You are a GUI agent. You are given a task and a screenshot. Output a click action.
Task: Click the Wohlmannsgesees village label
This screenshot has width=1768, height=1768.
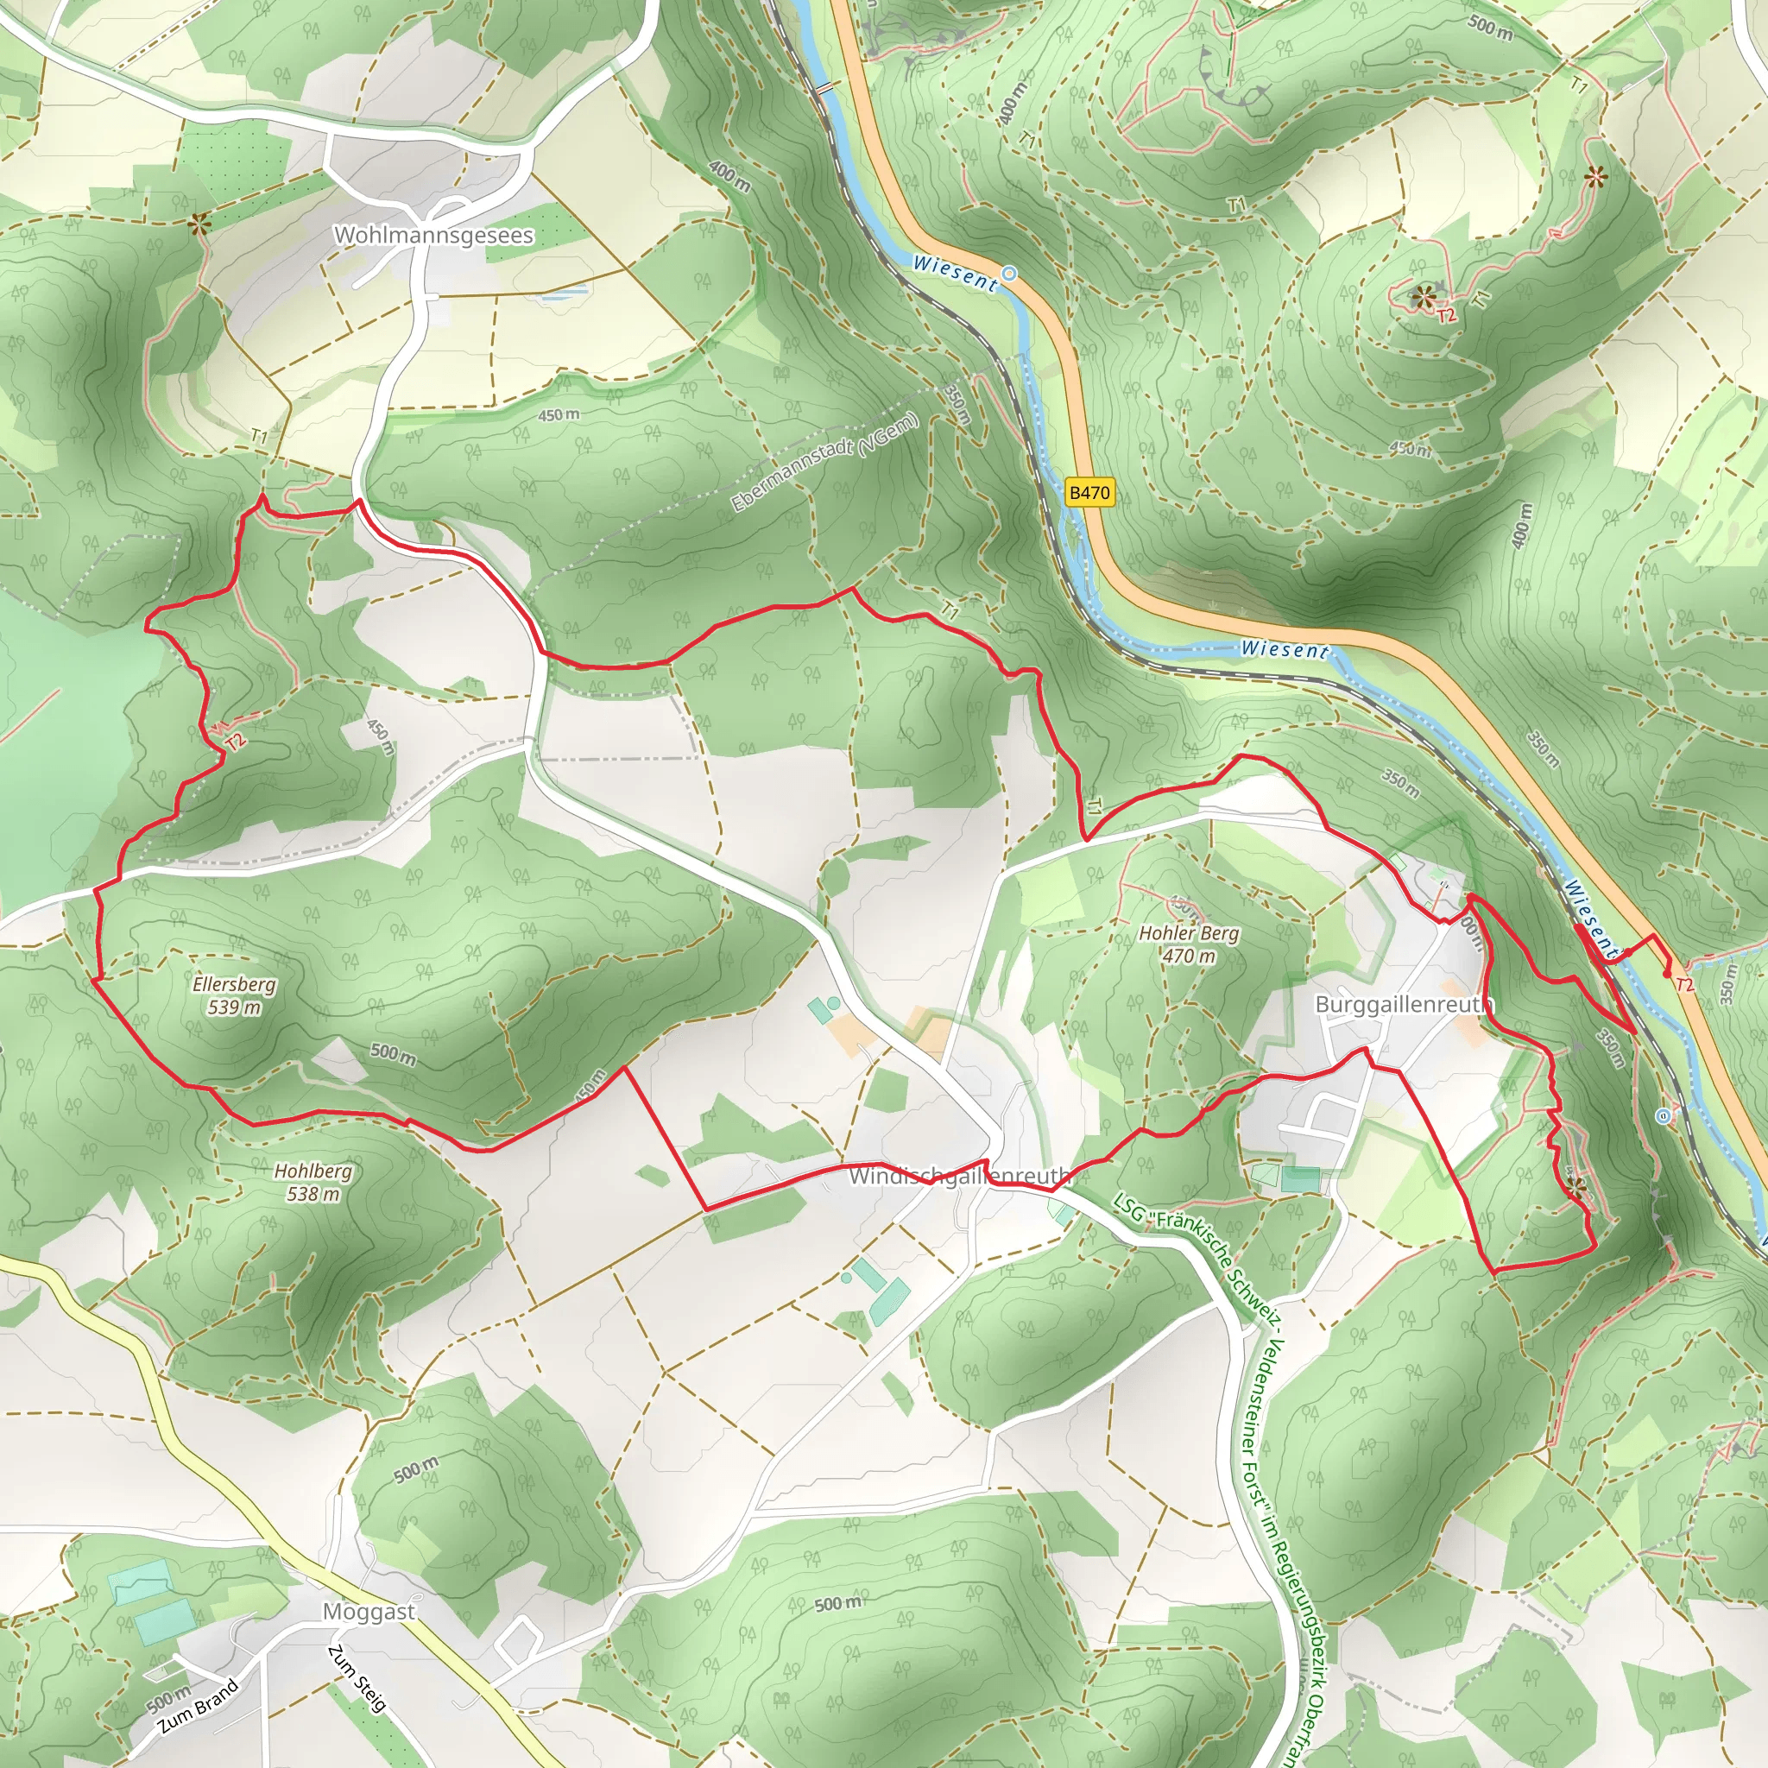433,235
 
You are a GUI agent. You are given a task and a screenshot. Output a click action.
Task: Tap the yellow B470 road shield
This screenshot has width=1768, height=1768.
1090,493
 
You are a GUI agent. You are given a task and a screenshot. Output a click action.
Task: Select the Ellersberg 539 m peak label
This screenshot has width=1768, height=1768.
234,995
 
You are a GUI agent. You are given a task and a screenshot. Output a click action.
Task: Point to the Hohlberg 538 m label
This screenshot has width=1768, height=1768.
313,1183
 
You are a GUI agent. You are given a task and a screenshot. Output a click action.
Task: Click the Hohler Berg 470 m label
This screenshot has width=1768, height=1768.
1189,944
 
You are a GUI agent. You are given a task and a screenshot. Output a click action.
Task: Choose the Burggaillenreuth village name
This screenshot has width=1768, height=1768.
1404,1005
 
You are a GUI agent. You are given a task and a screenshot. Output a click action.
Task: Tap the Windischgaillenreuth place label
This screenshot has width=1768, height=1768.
959,1176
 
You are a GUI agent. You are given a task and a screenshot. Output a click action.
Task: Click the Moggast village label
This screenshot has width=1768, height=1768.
369,1612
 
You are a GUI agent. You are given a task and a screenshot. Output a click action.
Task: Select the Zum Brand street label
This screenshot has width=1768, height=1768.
199,1706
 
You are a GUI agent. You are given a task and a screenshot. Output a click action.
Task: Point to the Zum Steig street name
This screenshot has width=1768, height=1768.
357,1678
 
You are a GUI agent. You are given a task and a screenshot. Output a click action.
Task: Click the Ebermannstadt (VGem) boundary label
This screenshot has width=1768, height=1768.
824,462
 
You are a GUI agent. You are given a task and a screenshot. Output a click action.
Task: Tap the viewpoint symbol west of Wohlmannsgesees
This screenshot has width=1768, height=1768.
199,223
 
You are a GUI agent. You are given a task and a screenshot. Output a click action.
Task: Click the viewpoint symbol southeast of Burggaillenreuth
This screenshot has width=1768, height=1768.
1575,1188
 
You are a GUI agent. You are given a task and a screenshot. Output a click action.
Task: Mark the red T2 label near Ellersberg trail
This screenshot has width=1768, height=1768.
236,742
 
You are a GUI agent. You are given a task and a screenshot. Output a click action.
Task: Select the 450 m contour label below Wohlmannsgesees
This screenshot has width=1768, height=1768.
559,415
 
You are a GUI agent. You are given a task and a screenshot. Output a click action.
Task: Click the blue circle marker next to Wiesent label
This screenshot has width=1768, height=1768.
1009,274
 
